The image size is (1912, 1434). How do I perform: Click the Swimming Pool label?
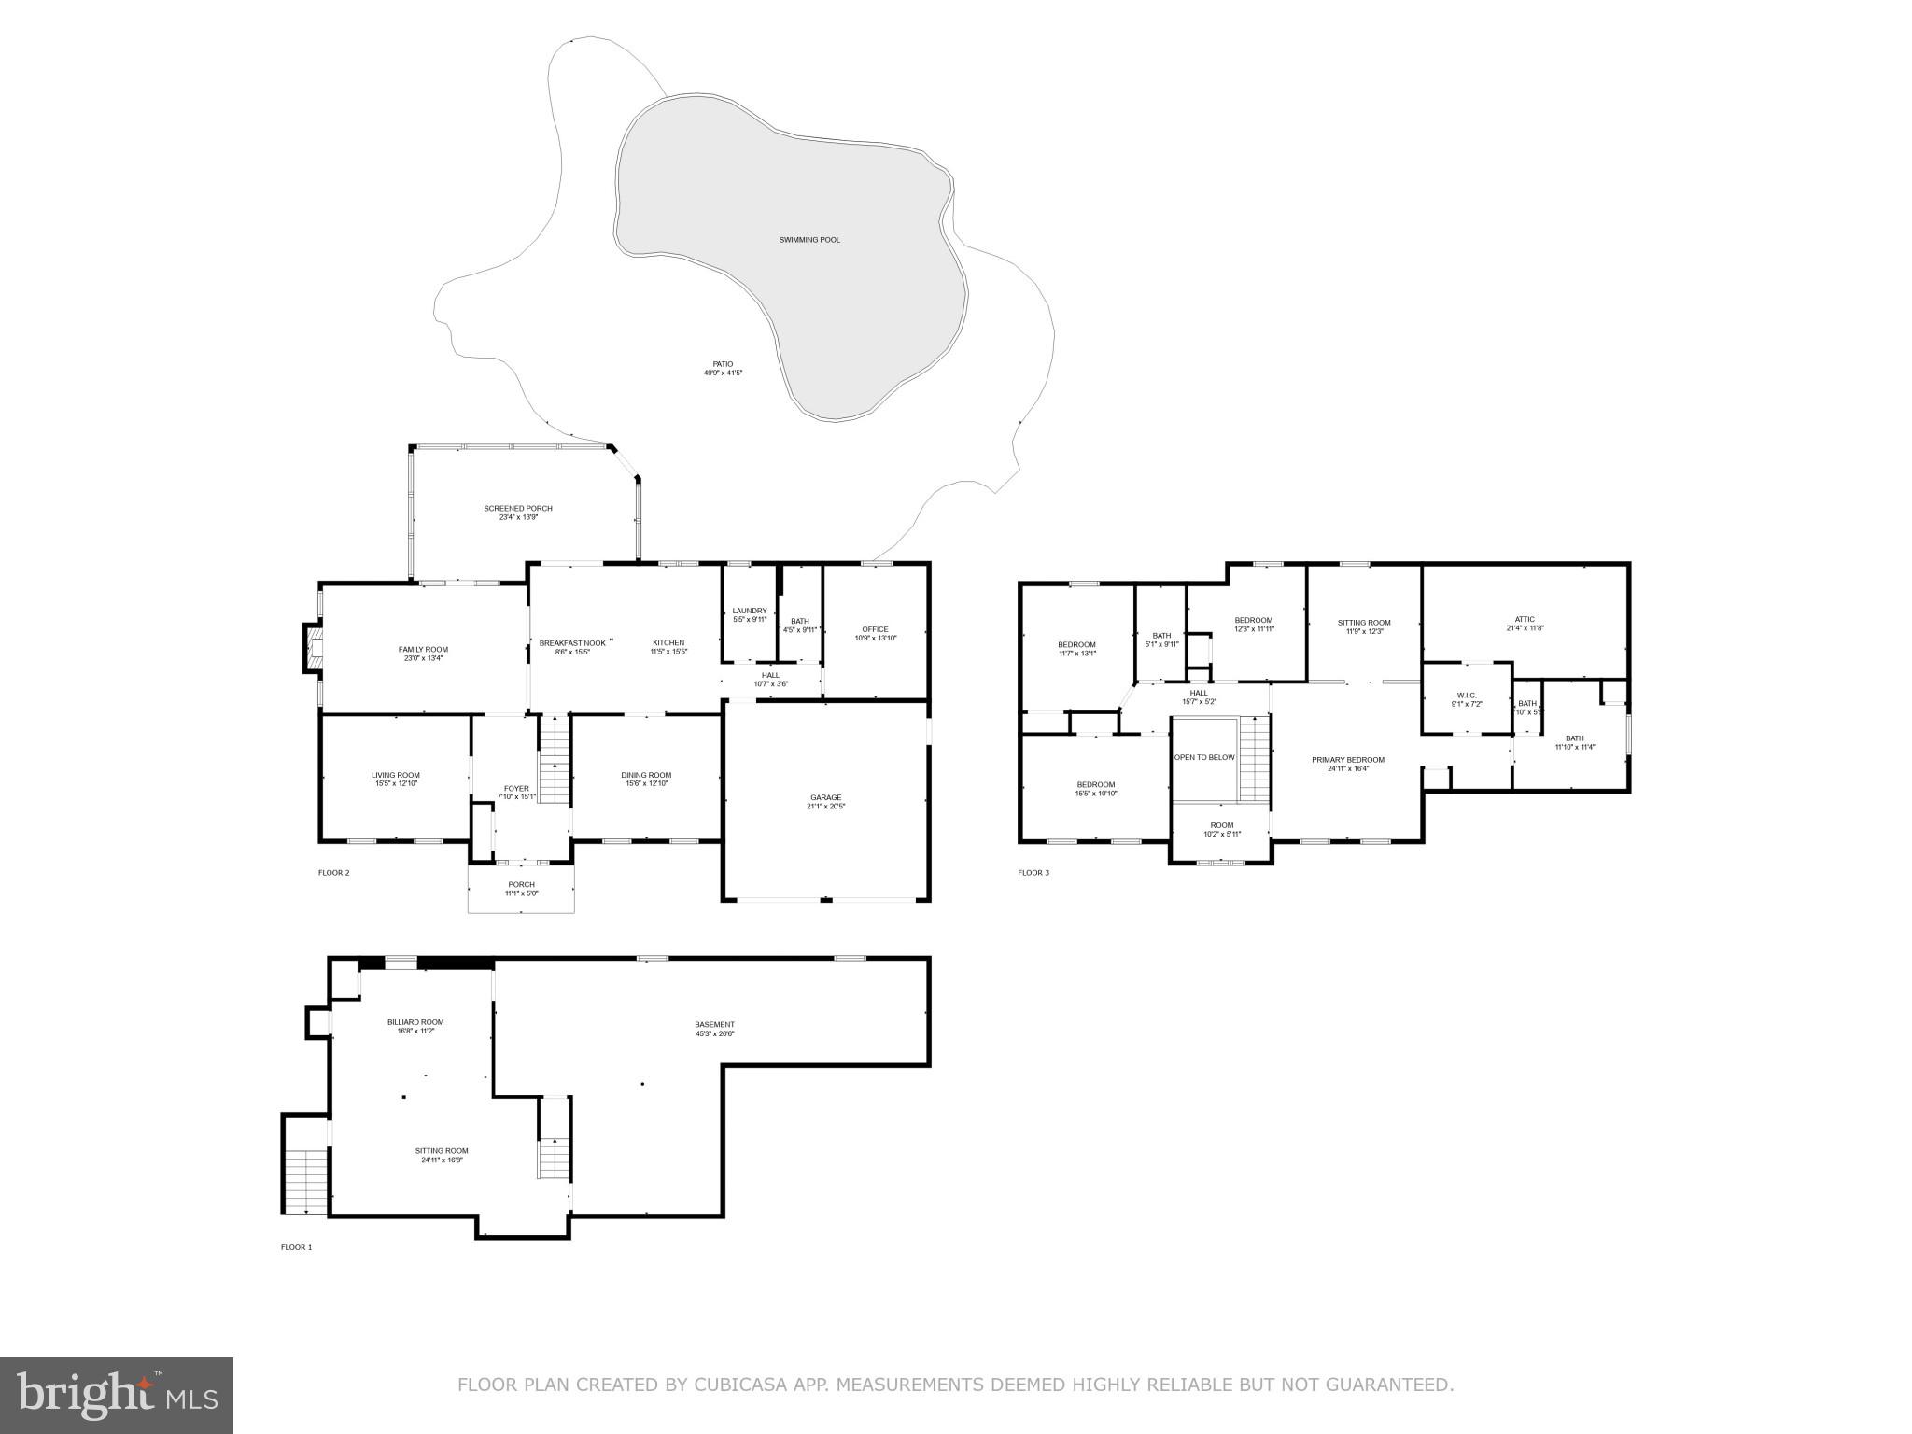pyautogui.click(x=809, y=240)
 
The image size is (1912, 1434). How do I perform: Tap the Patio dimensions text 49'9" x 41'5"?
pyautogui.click(x=723, y=373)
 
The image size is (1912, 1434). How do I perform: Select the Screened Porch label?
pyautogui.click(x=517, y=508)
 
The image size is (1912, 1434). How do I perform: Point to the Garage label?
pyautogui.click(x=825, y=797)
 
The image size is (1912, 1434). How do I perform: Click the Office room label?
pyautogui.click(x=875, y=628)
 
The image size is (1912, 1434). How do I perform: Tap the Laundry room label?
pyautogui.click(x=749, y=611)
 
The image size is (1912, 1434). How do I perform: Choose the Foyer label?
pyautogui.click(x=516, y=788)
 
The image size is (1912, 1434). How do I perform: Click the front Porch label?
pyautogui.click(x=521, y=884)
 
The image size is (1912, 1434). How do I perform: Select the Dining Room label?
pyautogui.click(x=646, y=775)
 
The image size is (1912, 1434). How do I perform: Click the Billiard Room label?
pyautogui.click(x=415, y=1022)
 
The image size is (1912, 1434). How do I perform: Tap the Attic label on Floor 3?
pyautogui.click(x=1525, y=619)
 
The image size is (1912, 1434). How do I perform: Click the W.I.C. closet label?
pyautogui.click(x=1466, y=695)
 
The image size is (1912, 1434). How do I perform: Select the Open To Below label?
pyautogui.click(x=1204, y=757)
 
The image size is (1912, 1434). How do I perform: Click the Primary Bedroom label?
pyautogui.click(x=1347, y=760)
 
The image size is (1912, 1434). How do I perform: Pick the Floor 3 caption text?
pyautogui.click(x=1033, y=873)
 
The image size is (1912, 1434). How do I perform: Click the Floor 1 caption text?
pyautogui.click(x=297, y=1247)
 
